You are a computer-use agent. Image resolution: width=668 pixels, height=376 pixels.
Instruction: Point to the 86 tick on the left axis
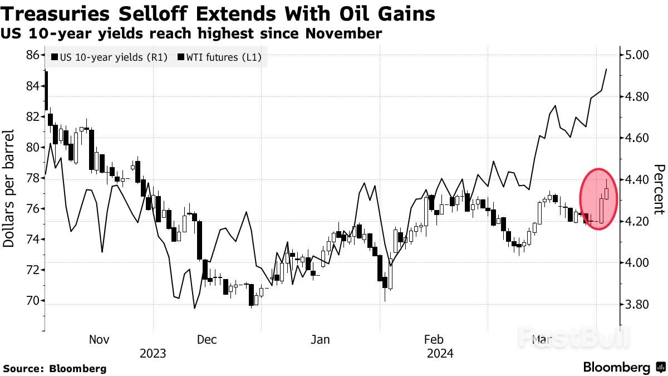click(32, 55)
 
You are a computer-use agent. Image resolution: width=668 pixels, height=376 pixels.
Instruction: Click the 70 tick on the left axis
click(32, 301)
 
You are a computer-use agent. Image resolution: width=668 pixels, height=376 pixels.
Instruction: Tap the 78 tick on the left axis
click(32, 178)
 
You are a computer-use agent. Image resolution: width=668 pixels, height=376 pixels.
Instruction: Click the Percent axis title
click(659, 189)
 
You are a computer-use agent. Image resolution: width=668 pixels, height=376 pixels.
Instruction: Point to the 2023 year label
click(153, 353)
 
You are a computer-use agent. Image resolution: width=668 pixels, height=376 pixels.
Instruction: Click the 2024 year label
click(440, 353)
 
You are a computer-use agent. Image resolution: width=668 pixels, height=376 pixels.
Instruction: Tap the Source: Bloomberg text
click(55, 368)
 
